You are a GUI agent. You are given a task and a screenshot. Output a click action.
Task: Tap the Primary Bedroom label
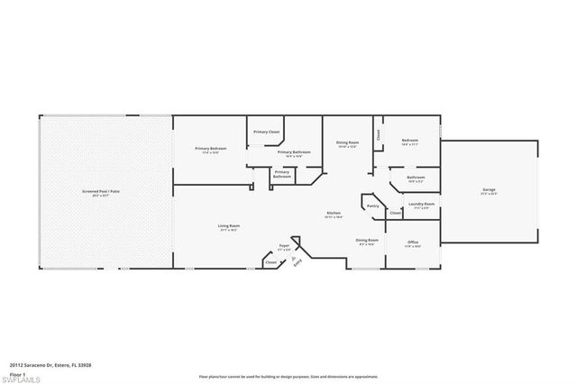pos(211,148)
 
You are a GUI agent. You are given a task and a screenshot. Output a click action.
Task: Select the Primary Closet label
pos(266,132)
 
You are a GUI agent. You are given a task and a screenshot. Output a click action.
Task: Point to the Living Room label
pos(228,225)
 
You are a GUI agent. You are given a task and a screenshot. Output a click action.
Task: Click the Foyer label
pos(284,244)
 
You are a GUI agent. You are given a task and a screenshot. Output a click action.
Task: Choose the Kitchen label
pos(334,213)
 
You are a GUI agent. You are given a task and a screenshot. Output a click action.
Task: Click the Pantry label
pos(373,206)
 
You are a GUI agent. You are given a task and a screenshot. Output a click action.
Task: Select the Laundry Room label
pos(421,204)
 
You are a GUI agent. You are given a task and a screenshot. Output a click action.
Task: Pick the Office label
pos(413,242)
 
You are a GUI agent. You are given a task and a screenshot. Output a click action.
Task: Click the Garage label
pos(490,189)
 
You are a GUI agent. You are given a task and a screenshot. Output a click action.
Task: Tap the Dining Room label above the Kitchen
pos(348,142)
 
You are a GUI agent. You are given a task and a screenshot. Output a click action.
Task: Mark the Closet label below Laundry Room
pos(396,214)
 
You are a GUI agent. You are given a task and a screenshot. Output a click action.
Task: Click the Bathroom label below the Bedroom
pos(416,178)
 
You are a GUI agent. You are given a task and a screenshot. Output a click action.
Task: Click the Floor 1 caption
pos(17,372)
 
